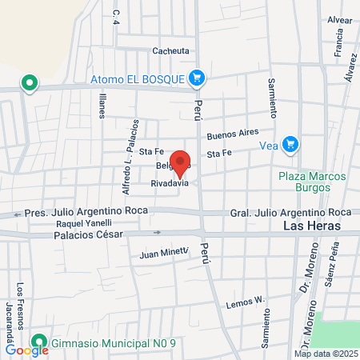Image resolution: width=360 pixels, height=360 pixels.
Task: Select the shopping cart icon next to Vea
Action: pos(291,145)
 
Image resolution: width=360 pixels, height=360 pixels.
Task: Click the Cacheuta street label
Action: pos(171,50)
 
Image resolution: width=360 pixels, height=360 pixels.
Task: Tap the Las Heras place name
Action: pos(312,226)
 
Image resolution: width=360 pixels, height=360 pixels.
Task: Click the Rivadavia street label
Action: pos(170,183)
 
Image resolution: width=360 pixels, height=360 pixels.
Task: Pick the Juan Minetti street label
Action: pos(163,254)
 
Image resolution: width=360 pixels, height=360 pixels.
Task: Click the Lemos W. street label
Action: pos(245,302)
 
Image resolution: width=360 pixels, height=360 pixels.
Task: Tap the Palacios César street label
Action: pos(89,234)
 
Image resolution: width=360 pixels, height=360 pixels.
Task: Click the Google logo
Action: pos(26,350)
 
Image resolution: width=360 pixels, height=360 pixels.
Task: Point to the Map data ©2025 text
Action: pos(325,354)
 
